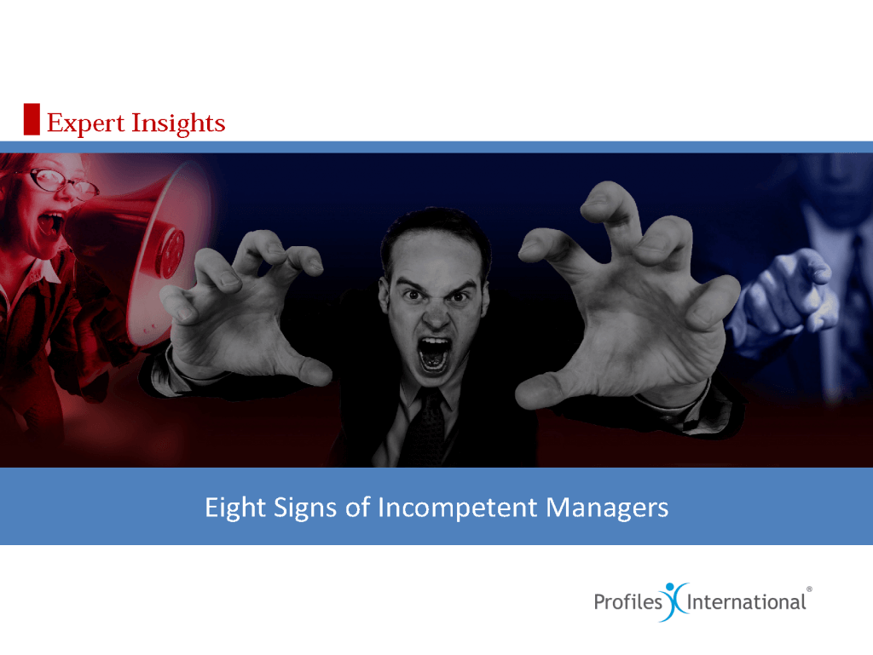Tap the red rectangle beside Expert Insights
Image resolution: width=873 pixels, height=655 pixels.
pos(32,119)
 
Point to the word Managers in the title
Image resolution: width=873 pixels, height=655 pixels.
pos(607,508)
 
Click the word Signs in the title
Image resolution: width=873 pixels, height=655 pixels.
pos(308,508)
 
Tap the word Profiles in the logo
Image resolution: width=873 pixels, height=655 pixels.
pos(628,602)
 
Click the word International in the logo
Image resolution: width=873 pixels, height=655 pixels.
pos(746,602)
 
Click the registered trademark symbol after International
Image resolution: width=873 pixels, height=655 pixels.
pos(808,589)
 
